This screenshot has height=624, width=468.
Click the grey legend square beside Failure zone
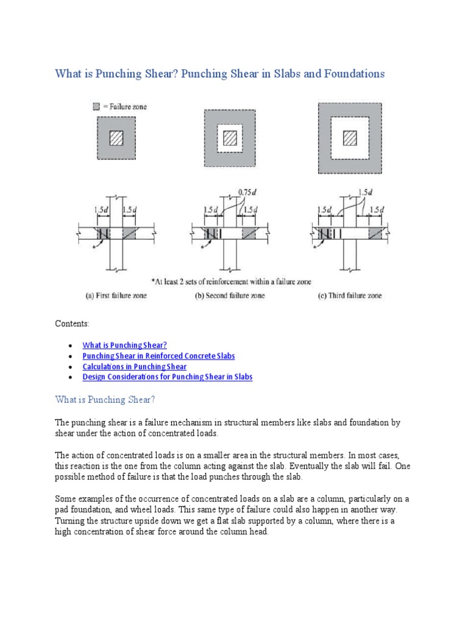pyautogui.click(x=96, y=107)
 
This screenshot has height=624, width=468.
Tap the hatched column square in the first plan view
pyautogui.click(x=116, y=138)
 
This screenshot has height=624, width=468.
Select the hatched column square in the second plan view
pyautogui.click(x=229, y=138)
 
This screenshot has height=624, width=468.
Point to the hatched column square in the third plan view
pyautogui.click(x=350, y=138)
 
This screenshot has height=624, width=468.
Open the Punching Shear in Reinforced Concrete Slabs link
pyautogui.click(x=158, y=356)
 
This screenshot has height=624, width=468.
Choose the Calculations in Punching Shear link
pyautogui.click(x=135, y=366)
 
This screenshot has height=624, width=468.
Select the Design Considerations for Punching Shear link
pyautogui.click(x=168, y=377)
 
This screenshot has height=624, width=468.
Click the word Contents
pyautogui.click(x=72, y=324)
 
